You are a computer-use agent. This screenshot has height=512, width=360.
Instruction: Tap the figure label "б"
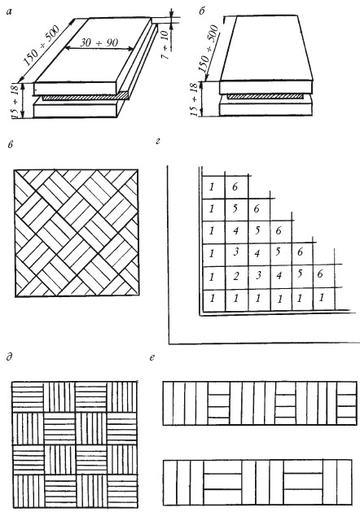click(x=202, y=11)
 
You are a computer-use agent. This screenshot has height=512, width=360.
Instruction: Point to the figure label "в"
click(x=11, y=144)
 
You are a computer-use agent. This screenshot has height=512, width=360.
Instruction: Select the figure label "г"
click(x=158, y=142)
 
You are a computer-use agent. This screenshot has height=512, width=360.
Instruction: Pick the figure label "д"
click(x=10, y=357)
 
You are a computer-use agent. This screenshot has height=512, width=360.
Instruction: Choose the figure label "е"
click(x=152, y=357)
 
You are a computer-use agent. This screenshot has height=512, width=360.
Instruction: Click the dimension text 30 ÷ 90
click(x=99, y=42)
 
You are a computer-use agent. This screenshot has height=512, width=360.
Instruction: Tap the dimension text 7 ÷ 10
click(x=165, y=44)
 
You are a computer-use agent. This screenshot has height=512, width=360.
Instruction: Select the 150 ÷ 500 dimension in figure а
click(x=42, y=45)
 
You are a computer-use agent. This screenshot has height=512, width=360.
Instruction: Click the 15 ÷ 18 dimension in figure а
click(x=15, y=101)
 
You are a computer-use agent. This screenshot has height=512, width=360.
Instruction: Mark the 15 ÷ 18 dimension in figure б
click(x=194, y=99)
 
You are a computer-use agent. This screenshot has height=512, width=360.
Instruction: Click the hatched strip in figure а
click(x=84, y=97)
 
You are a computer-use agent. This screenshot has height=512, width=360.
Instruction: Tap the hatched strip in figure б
click(x=266, y=97)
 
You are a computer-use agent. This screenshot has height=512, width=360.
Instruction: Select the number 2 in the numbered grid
click(x=236, y=277)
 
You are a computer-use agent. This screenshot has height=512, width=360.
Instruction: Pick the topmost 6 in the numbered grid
click(x=235, y=186)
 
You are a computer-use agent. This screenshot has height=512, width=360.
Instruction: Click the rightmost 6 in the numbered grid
click(x=320, y=274)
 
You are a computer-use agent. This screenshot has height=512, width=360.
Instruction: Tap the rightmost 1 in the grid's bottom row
click(x=322, y=297)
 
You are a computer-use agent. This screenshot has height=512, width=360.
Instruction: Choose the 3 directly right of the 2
click(x=258, y=275)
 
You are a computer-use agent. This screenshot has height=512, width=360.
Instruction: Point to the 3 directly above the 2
click(x=236, y=252)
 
